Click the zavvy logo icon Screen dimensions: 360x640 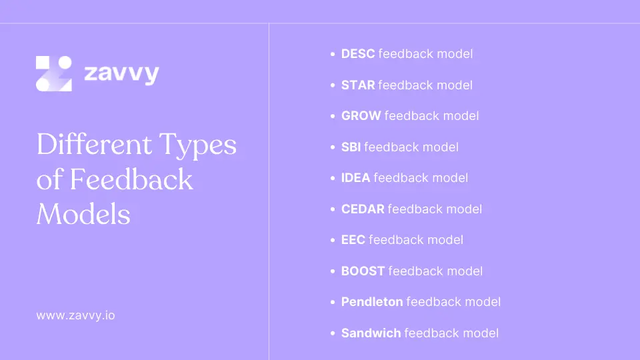point(53,73)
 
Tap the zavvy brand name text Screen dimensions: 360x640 point(121,73)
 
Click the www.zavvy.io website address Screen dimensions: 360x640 point(75,315)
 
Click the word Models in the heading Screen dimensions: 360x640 point(83,214)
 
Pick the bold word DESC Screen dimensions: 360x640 point(357,54)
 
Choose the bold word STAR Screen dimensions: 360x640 point(357,85)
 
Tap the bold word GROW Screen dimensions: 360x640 point(361,116)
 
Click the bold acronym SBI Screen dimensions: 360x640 point(351,147)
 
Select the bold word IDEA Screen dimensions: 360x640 point(355,178)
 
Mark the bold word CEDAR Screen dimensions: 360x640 point(363,209)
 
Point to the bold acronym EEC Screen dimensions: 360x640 point(353,240)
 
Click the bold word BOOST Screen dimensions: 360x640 point(363,271)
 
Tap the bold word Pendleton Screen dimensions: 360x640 point(371,302)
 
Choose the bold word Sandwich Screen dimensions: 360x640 point(371,333)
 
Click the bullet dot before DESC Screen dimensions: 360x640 point(333,55)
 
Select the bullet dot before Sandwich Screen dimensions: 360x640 point(333,333)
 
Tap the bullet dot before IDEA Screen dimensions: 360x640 point(333,179)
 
